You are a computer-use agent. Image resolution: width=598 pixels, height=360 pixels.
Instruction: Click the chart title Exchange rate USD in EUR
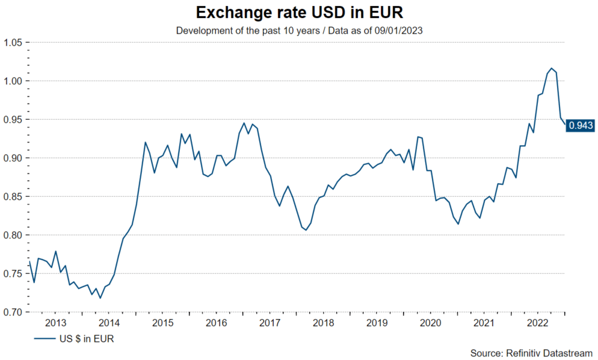coord(299,12)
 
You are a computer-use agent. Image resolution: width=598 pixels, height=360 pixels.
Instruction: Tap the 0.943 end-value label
coord(581,125)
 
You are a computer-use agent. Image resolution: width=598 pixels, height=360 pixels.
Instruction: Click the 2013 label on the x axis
coord(55,323)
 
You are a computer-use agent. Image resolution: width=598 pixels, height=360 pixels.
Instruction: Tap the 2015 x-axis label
coord(162,323)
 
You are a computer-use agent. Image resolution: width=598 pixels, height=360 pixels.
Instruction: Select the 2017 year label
coord(270,323)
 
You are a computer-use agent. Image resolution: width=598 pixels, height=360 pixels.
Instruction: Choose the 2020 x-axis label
coord(431,323)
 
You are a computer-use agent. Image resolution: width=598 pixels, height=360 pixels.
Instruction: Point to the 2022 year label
coord(538,323)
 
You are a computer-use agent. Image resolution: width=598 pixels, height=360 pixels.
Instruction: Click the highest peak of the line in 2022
coord(551,69)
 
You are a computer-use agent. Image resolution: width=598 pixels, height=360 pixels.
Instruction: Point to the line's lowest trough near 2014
coord(100,298)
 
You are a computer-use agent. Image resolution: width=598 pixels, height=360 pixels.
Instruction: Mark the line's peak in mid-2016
coord(244,123)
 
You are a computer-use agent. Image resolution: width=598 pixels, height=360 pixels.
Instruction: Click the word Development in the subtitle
coord(202,30)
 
